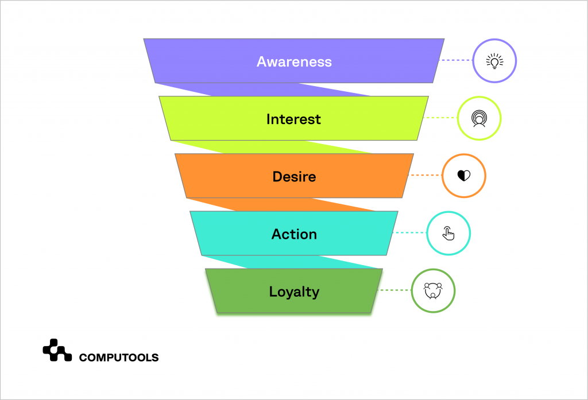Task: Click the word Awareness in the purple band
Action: point(294,61)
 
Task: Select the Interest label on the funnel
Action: point(293,119)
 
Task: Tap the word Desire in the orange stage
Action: point(294,176)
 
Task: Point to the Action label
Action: point(294,234)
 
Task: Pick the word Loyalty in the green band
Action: point(294,292)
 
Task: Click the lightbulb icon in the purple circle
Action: point(494,61)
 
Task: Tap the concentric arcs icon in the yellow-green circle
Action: point(479,118)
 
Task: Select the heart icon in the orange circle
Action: point(463,176)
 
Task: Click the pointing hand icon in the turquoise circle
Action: point(448,233)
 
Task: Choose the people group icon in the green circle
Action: point(433,290)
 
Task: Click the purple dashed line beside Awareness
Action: point(456,60)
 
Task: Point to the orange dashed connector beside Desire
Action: point(425,175)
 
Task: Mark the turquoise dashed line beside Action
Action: point(410,232)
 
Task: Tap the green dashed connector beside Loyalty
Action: point(394,290)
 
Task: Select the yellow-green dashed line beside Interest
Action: point(440,118)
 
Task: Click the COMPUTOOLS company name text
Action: point(119,358)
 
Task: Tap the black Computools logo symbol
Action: point(57,350)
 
